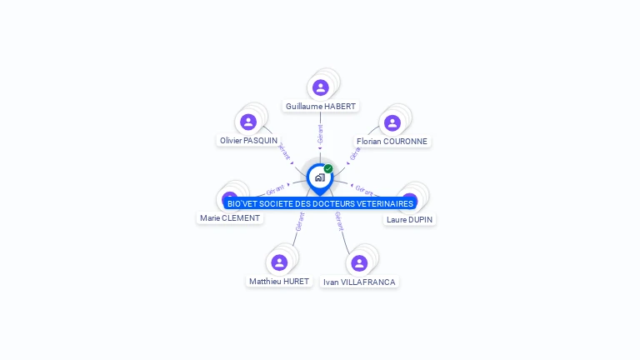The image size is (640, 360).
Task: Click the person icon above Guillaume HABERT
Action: point(321,87)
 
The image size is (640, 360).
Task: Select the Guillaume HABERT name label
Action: point(321,107)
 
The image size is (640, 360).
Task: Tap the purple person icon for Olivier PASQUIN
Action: point(248,122)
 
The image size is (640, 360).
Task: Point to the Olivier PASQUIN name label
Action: point(248,141)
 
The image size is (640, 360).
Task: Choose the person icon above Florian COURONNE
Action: point(391,122)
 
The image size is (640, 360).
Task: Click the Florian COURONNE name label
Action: point(392,142)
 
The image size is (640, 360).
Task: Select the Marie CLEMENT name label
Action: point(230,218)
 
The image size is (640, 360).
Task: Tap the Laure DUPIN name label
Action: point(410,220)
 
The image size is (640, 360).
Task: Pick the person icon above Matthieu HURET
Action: point(279,262)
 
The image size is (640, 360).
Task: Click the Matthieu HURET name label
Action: point(279,282)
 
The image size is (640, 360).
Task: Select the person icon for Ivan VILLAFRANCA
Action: point(359,263)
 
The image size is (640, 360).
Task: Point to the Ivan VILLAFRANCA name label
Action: point(359,282)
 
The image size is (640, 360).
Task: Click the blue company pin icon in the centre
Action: point(319,177)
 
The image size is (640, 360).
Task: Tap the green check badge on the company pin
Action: point(328,169)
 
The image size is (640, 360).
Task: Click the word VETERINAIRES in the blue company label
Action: point(382,204)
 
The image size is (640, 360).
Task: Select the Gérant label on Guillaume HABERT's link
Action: point(321,133)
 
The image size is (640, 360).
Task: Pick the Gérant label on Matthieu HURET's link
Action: point(299,222)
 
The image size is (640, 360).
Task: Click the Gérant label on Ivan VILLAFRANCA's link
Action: point(339,222)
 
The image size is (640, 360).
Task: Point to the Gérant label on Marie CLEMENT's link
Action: point(275,189)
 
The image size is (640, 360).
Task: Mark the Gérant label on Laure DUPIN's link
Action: point(364,189)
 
